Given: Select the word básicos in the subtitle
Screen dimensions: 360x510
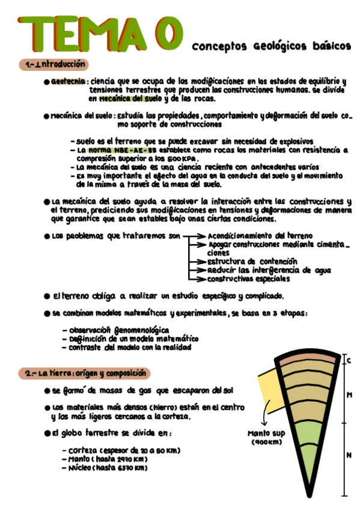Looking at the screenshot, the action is point(329,46).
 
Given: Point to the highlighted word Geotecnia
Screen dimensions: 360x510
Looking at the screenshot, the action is point(68,81).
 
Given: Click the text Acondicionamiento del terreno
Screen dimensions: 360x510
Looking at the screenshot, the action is point(260,236).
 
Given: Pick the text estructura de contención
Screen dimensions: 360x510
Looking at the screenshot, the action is point(252,262).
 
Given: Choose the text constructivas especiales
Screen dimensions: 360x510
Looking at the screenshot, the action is point(249,278).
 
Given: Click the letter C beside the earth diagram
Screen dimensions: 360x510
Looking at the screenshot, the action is point(349,360).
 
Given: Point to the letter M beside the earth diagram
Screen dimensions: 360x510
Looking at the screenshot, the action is point(349,395).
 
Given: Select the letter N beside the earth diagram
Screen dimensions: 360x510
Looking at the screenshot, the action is point(349,455).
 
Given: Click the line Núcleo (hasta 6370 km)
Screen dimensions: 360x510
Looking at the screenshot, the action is point(108,468).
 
